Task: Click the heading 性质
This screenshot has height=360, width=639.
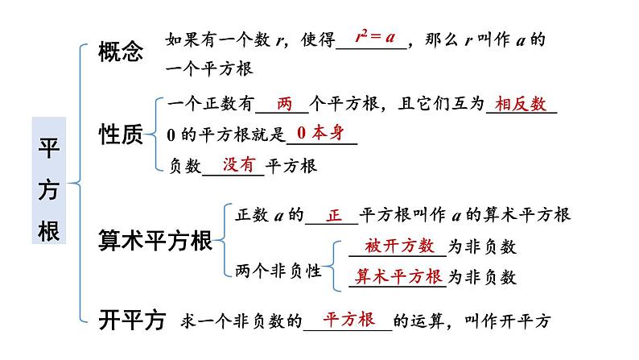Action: pyautogui.click(x=120, y=134)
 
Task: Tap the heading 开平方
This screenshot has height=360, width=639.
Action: pyautogui.click(x=131, y=320)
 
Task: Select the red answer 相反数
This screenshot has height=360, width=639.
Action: pyautogui.click(x=521, y=103)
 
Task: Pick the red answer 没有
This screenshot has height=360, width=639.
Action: pyautogui.click(x=238, y=163)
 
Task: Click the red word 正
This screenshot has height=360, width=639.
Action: pyautogui.click(x=336, y=215)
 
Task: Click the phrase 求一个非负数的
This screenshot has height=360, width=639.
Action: pyautogui.click(x=247, y=321)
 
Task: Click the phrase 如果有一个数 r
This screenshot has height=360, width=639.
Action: pyautogui.click(x=216, y=39)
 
